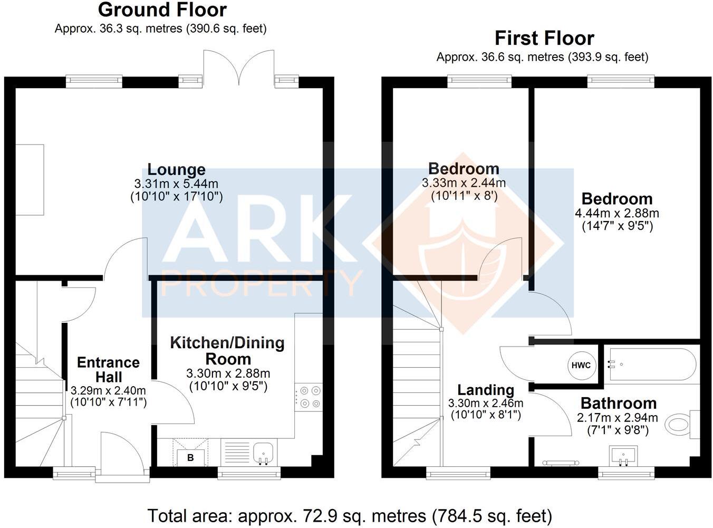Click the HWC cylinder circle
coord(581,366)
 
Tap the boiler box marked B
coord(190,457)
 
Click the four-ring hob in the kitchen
coord(309,397)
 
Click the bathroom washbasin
coord(623,456)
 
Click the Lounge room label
coord(177,169)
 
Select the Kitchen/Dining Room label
coord(228,351)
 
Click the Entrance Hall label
coord(109,370)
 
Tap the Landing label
coord(486,390)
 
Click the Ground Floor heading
coord(162,10)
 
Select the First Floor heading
coord(545,39)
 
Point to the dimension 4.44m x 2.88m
coord(617,213)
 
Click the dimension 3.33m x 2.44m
coord(464,183)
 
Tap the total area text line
coord(350,516)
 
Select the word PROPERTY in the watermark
coord(261,283)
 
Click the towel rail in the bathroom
coord(560,463)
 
